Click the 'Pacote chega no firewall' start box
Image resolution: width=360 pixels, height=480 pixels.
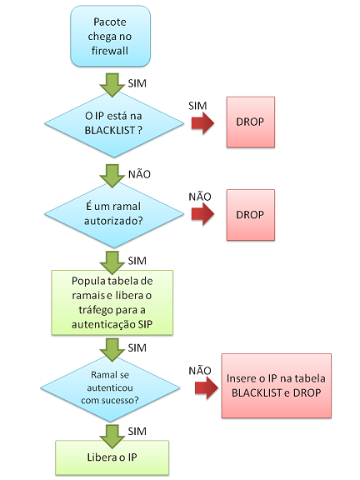click(110, 36)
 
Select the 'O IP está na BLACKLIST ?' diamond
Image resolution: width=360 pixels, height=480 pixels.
click(114, 123)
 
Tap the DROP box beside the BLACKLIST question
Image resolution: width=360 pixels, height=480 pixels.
click(250, 122)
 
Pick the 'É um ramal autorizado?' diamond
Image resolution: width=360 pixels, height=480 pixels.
click(114, 214)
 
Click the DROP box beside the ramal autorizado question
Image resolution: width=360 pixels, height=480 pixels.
click(250, 215)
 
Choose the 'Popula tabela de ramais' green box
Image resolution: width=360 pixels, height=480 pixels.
click(112, 302)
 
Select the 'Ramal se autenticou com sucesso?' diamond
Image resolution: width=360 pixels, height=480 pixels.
click(110, 387)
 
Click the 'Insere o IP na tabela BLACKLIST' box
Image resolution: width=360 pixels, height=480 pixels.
click(277, 386)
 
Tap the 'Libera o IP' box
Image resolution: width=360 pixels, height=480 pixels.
click(112, 457)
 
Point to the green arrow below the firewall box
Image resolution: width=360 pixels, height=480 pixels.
click(112, 85)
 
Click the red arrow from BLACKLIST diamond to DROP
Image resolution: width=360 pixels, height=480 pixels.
click(203, 123)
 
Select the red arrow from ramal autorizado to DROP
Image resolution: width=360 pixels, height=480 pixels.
click(203, 214)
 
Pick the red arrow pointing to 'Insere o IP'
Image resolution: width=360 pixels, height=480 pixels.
click(207, 387)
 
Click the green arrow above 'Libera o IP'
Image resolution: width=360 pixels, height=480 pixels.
click(112, 437)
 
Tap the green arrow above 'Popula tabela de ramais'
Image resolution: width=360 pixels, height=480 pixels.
click(112, 262)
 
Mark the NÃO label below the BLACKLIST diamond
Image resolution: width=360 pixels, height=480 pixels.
click(140, 174)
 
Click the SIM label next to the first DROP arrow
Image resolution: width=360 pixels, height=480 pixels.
click(197, 106)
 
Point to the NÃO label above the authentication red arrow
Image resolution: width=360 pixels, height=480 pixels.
click(200, 370)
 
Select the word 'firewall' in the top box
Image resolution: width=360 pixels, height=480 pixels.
click(110, 51)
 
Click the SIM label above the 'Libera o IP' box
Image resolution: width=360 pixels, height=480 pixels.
click(137, 432)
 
